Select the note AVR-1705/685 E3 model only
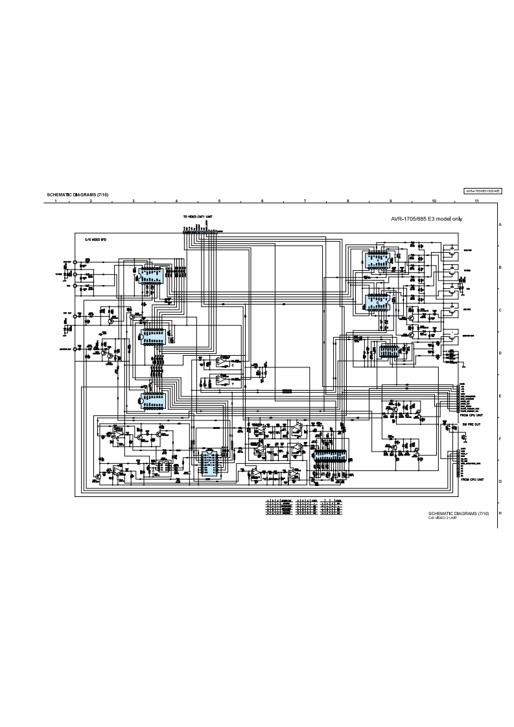(x=426, y=219)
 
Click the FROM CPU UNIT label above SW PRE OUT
(x=472, y=415)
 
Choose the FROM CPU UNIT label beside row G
(x=472, y=479)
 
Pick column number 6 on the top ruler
(x=263, y=202)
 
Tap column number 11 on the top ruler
(x=476, y=202)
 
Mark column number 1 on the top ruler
(x=56, y=202)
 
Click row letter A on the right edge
(x=500, y=224)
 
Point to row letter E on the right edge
(x=500, y=396)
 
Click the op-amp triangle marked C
(x=221, y=360)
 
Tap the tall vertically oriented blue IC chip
(x=209, y=463)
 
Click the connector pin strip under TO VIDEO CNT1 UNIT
(x=202, y=230)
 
